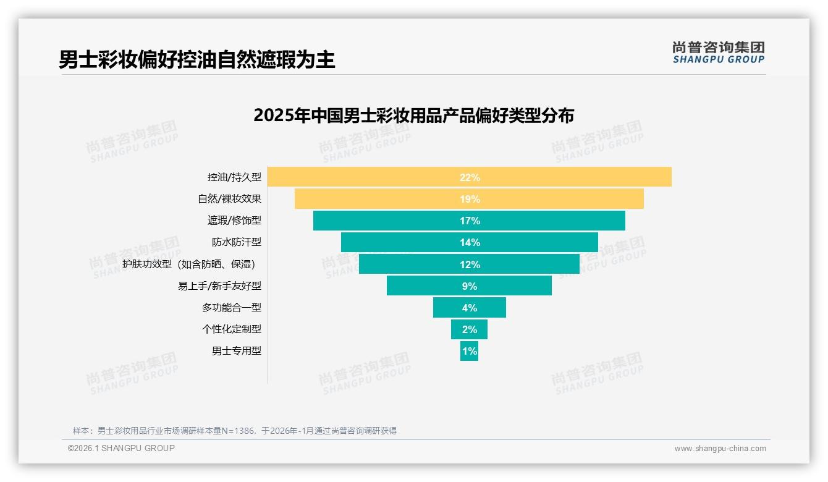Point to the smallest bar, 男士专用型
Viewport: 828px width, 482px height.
[x=469, y=351]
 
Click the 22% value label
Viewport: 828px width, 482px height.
[x=470, y=177]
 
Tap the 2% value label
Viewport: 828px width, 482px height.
[x=469, y=329]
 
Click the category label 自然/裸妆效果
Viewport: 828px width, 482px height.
[x=229, y=199]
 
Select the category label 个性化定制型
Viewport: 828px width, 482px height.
[x=231, y=329]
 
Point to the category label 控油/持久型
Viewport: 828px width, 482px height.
[x=234, y=177]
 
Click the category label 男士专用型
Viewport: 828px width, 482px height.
[x=236, y=351]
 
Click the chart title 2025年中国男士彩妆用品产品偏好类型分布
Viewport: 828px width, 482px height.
[x=413, y=116]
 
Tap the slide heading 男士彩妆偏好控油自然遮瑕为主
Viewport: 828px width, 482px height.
[x=197, y=59]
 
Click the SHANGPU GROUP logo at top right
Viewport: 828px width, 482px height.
[x=718, y=53]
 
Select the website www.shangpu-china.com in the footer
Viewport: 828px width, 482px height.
[x=720, y=449]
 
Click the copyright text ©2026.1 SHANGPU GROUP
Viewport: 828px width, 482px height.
[x=121, y=448]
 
